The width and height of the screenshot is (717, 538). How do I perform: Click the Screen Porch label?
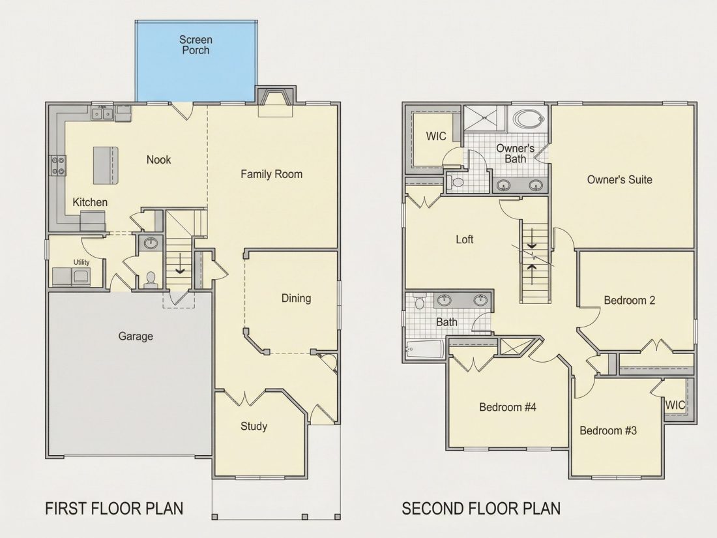tap(196, 45)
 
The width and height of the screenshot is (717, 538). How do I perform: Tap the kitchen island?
tap(106, 165)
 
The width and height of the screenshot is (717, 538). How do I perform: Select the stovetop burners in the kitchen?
tap(58, 166)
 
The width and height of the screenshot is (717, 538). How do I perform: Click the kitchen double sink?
tap(102, 113)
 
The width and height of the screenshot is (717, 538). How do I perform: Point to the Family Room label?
tap(272, 174)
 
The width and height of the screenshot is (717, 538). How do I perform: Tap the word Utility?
tap(81, 262)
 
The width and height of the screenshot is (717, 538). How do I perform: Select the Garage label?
tap(136, 336)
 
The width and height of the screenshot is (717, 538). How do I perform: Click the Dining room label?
tap(297, 298)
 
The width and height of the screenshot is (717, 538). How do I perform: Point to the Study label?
tap(254, 426)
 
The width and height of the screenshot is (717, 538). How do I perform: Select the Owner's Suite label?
tap(620, 180)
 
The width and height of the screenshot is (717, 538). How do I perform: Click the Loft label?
tap(465, 239)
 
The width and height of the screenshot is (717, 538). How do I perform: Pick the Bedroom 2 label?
tap(630, 301)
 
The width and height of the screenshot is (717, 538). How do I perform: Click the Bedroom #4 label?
tap(508, 407)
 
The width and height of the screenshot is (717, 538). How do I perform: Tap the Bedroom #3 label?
tap(608, 430)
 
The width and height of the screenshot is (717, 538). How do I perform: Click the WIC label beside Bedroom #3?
tap(675, 405)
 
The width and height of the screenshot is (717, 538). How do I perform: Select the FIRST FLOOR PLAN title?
tap(114, 509)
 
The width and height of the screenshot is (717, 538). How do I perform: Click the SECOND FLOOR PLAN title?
tap(481, 509)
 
